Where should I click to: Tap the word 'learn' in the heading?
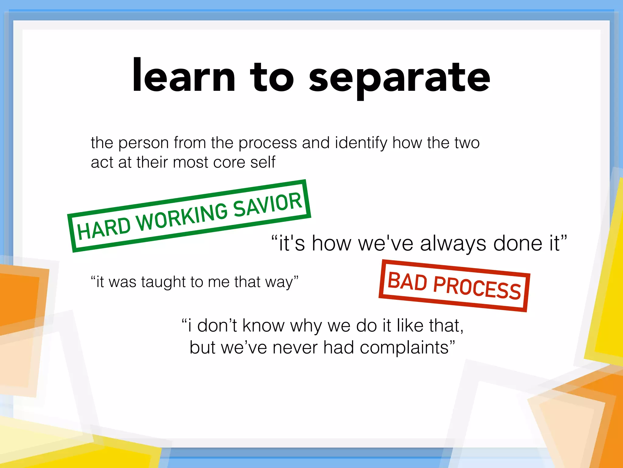point(184,76)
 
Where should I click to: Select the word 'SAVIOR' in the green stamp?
point(268,204)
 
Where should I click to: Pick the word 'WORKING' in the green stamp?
point(182,217)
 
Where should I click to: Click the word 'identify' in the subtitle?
point(361,143)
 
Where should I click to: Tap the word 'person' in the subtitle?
point(143,143)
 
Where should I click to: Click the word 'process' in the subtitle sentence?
point(267,143)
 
